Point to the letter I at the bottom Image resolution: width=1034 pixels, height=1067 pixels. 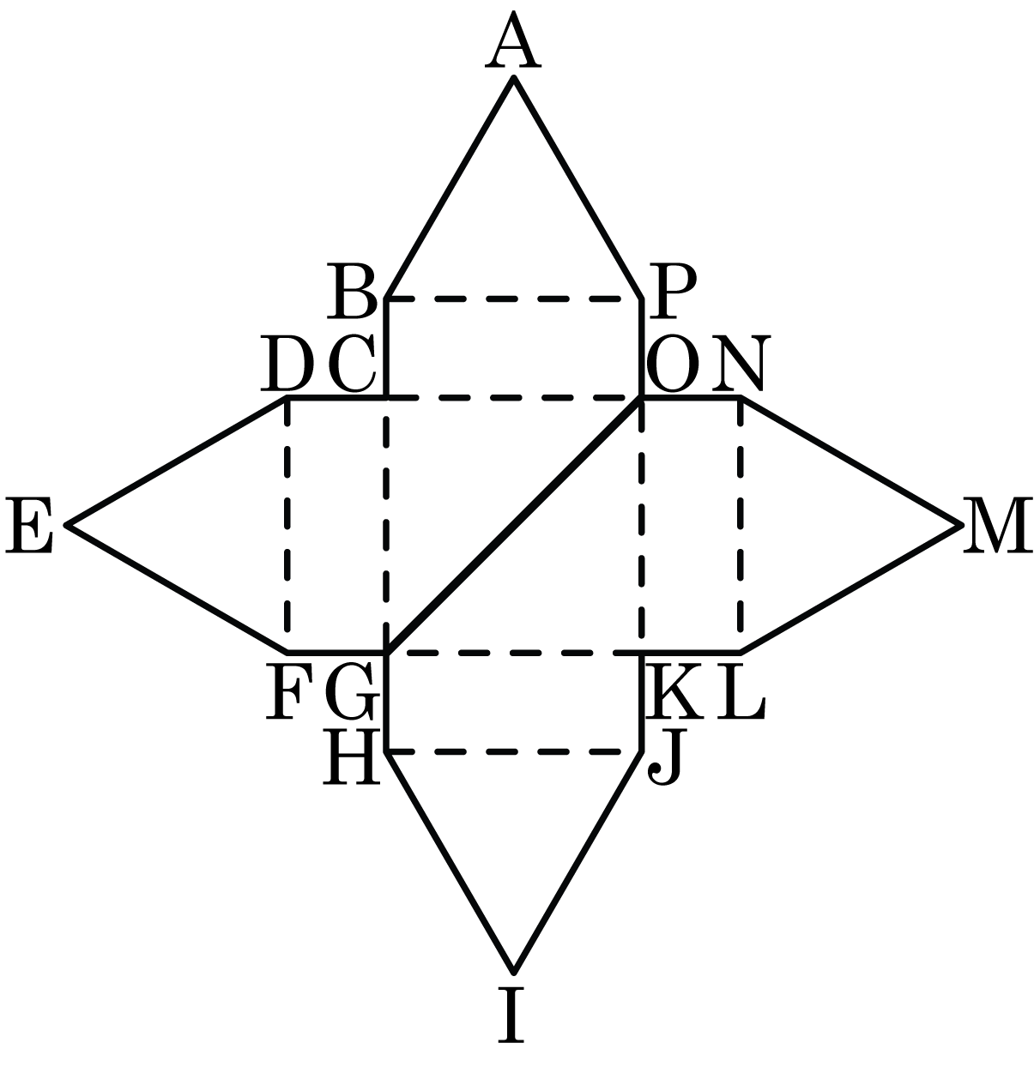[x=512, y=1016]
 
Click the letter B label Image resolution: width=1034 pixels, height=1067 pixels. [x=352, y=292]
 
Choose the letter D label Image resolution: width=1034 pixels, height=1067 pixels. [x=287, y=364]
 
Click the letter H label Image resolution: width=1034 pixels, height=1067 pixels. [x=352, y=758]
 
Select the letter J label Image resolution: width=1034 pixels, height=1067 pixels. [x=666, y=760]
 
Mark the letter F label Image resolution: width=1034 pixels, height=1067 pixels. [x=285, y=693]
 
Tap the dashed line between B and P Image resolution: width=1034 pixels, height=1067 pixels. [x=515, y=299]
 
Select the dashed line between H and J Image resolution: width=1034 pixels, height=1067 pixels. [x=515, y=752]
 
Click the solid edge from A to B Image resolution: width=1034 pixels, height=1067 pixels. [x=450, y=189]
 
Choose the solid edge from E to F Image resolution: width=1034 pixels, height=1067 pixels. [x=176, y=588]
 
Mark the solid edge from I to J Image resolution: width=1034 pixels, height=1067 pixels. [x=577, y=862]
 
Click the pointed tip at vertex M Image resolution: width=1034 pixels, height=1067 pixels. [x=957, y=524]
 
